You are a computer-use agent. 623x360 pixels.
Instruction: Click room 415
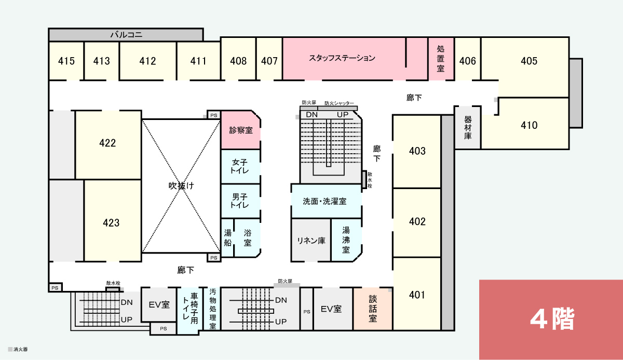coord(66,61)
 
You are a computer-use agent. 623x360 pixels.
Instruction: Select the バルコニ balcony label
coord(126,35)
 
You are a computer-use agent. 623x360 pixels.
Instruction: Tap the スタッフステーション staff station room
coord(344,59)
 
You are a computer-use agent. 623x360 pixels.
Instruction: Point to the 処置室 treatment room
coord(441,59)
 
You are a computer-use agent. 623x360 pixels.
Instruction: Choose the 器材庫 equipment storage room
coord(468,127)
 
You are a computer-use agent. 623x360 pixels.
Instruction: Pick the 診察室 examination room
coord(241,130)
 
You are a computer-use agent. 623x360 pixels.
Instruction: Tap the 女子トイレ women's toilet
coord(240,166)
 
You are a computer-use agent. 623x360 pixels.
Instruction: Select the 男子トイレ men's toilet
coord(240,201)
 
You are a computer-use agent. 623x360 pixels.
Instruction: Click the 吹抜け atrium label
coord(181,185)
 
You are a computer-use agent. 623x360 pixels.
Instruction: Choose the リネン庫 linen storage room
coord(311,240)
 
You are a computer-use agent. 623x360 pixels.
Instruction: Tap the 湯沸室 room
coord(346,240)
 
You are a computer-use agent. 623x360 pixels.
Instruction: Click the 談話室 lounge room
coord(373,309)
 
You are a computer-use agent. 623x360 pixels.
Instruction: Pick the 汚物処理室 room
coord(212,309)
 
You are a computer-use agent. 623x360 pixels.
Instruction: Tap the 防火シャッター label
coord(340,103)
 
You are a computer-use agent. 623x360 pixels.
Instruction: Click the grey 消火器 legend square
coord(10,349)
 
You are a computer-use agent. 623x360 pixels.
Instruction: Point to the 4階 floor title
coord(552,319)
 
